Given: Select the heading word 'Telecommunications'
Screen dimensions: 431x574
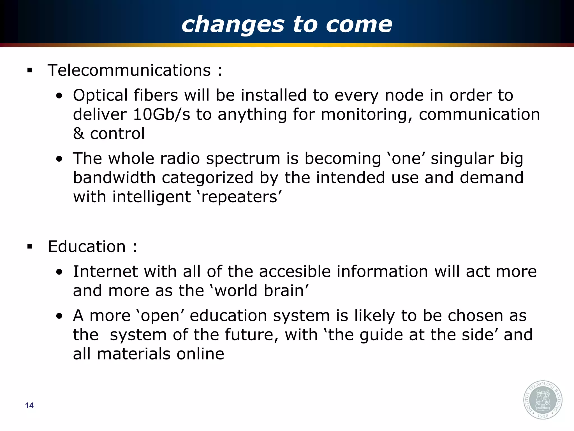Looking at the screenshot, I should coord(129,70).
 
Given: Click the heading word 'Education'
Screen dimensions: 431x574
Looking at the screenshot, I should coord(87,247).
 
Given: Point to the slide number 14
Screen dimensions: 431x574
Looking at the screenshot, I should coord(29,405).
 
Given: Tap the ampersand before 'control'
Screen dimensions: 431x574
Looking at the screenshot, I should coord(78,134).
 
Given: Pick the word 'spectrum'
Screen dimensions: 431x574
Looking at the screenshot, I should coord(243,159).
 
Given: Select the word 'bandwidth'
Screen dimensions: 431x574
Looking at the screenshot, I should coord(114,178).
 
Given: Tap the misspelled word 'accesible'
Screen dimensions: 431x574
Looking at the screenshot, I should coord(295,272).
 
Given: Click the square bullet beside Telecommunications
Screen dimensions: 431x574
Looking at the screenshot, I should coord(30,71).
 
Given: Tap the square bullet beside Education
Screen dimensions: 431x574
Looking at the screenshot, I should coord(30,247).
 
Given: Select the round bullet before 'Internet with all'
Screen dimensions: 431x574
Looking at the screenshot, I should coord(59,272).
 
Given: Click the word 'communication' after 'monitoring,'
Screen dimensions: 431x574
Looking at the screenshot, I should coord(479,114).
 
